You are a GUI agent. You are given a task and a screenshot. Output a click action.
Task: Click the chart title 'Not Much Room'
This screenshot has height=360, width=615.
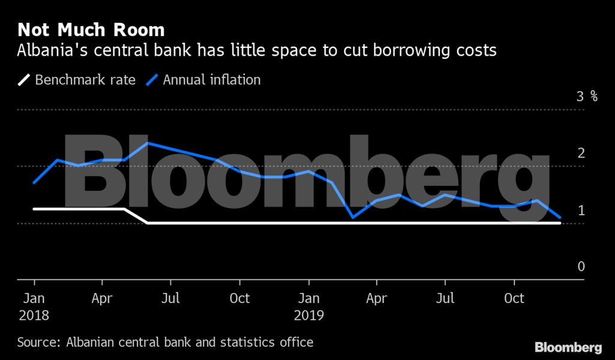click(91, 29)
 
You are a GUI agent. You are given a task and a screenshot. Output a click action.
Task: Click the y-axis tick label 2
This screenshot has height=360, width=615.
click(581, 153)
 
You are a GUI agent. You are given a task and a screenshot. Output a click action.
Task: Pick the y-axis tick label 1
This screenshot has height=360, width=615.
click(581, 210)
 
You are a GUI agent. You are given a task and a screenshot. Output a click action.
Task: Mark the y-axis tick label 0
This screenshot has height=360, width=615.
click(581, 266)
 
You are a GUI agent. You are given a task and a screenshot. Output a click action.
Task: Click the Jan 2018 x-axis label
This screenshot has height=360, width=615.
click(34, 306)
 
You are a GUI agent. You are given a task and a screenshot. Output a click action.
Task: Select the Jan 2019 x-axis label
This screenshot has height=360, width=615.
click(309, 306)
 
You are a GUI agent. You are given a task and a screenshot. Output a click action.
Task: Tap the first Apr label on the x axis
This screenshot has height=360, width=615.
click(103, 298)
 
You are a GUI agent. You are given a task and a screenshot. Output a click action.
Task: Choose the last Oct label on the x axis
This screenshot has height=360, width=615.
click(514, 298)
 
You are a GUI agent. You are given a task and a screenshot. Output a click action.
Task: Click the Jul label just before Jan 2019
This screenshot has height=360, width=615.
click(171, 298)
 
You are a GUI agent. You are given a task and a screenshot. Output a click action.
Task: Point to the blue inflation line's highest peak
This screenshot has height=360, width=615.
click(148, 143)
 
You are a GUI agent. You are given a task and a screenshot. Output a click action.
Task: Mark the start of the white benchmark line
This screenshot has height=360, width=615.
click(34, 209)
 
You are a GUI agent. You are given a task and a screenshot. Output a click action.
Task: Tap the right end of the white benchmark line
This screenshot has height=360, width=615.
click(560, 223)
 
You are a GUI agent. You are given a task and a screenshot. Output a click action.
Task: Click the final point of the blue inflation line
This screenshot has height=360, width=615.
click(560, 217)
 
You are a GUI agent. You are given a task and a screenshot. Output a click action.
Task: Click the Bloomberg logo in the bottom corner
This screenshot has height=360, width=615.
click(568, 347)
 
